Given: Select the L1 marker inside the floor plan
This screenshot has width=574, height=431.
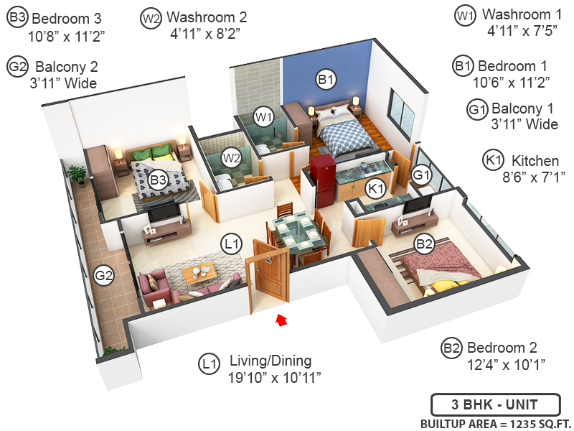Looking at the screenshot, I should [231, 244].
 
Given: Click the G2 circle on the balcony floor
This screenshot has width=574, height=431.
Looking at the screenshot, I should [104, 275].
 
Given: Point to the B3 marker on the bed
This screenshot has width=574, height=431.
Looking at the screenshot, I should [158, 180].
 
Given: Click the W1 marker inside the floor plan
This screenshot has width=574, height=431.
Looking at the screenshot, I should [264, 116].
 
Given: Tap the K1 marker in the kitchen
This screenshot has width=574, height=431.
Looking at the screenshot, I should [374, 189].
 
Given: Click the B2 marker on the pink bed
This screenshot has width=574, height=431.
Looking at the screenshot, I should [425, 244].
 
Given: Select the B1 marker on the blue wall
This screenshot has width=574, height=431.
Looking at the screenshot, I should [326, 80].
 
